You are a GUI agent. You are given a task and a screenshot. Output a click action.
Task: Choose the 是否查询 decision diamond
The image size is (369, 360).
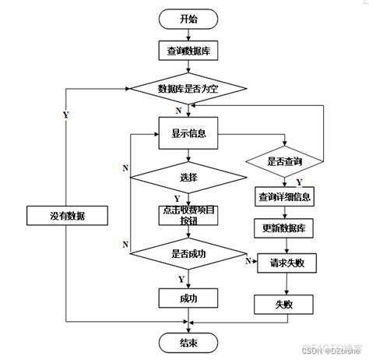[284, 161]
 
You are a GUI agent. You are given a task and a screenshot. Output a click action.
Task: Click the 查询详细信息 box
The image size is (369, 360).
[284, 196]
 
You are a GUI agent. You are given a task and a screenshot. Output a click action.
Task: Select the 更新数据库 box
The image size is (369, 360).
[284, 228]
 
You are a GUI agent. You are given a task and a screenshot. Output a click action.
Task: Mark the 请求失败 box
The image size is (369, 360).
[284, 262]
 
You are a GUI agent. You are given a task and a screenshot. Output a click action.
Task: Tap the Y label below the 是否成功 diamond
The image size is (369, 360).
[181, 277]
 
